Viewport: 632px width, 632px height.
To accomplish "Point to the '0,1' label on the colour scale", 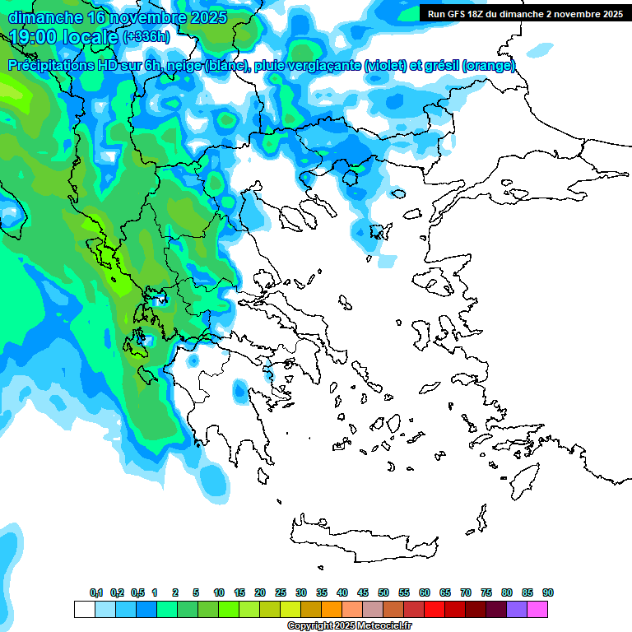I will pyautogui.click(x=96, y=593).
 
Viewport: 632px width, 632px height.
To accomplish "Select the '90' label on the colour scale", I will pyautogui.click(x=548, y=593).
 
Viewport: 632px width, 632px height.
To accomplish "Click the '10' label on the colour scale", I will pyautogui.click(x=219, y=593).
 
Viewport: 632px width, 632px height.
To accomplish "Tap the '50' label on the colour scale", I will pyautogui.click(x=383, y=593).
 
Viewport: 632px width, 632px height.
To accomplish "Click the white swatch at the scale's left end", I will pyautogui.click(x=84, y=609).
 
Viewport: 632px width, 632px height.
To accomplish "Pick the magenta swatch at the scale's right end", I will pyautogui.click(x=537, y=609).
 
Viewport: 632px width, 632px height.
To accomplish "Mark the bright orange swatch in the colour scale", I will pyautogui.click(x=332, y=609).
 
